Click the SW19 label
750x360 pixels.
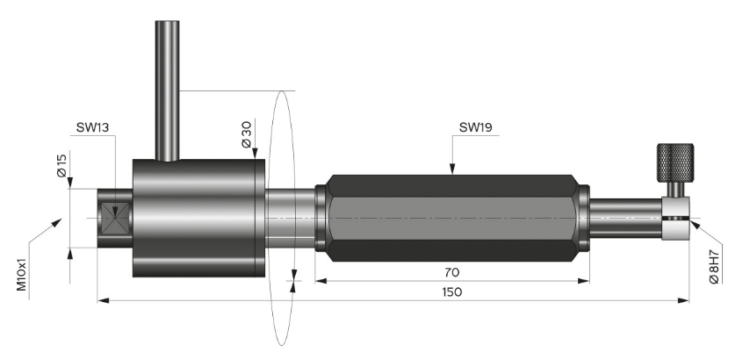[475, 127]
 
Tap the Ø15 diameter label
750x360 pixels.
[61, 168]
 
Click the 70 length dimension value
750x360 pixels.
[451, 272]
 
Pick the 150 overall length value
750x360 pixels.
[451, 292]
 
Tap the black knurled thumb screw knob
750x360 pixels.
[675, 160]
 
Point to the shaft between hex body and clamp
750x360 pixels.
[624, 217]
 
